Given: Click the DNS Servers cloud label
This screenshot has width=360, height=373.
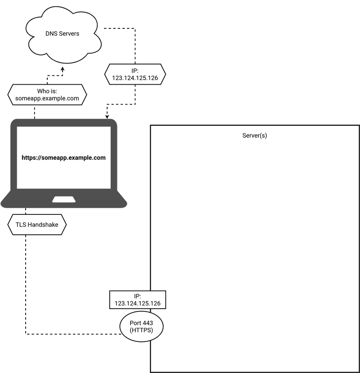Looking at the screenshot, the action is (62, 33).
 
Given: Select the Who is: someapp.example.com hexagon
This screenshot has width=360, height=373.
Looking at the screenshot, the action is (47, 95).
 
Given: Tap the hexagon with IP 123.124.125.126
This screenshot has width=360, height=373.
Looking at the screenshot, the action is (135, 74).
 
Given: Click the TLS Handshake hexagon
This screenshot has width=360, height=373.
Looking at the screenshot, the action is (37, 224).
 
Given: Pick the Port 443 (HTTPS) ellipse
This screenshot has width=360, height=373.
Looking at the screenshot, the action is (141, 326).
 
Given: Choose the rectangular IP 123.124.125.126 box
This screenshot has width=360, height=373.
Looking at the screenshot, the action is (138, 300).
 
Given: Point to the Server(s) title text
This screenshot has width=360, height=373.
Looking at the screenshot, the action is (255, 135).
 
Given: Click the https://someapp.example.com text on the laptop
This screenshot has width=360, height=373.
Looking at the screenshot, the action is (64, 158).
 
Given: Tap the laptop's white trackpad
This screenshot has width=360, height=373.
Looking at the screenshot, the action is (64, 200).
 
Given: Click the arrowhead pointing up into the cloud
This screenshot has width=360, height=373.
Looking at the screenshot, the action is (63, 69).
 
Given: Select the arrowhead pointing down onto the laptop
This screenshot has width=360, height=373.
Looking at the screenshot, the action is (107, 116).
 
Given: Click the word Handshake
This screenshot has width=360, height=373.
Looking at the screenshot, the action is (43, 224).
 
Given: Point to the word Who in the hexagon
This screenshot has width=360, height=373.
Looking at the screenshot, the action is (41, 91).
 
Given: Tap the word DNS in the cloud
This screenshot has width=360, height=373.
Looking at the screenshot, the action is (51, 33).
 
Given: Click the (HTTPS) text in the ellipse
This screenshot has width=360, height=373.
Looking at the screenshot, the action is (141, 330).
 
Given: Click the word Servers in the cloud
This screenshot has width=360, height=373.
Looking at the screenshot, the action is (69, 33).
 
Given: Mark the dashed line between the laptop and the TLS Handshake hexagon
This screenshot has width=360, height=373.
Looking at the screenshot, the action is (26, 211).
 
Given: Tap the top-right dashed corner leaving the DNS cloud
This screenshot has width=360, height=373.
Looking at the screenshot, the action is (135, 28).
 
